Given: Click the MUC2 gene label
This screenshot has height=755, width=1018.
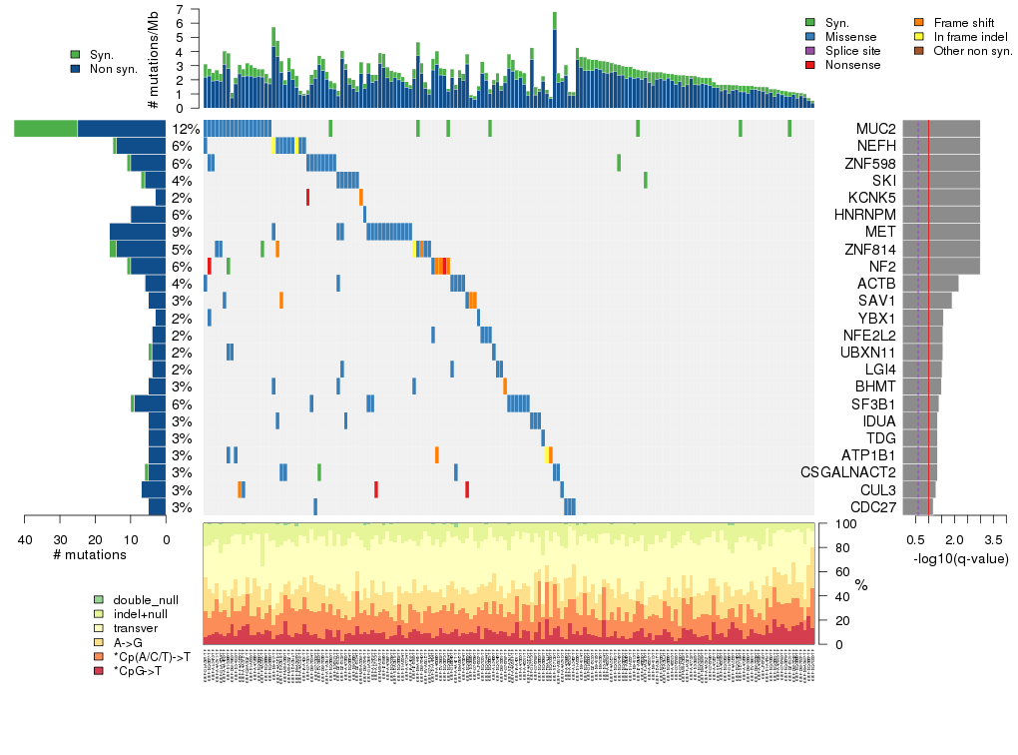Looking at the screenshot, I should (875, 129).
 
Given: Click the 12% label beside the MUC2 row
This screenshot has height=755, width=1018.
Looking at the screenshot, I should (185, 129).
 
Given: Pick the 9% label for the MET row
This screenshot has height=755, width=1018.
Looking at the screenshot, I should (181, 232).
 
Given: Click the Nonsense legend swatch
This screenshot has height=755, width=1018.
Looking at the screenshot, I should (810, 65).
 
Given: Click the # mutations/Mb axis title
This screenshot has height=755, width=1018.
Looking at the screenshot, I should (153, 58).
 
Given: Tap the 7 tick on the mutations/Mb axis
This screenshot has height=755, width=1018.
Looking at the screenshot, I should (179, 9).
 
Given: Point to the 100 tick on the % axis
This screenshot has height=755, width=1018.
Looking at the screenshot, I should (840, 523).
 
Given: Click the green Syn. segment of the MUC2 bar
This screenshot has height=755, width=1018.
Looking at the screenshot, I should (46, 129).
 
